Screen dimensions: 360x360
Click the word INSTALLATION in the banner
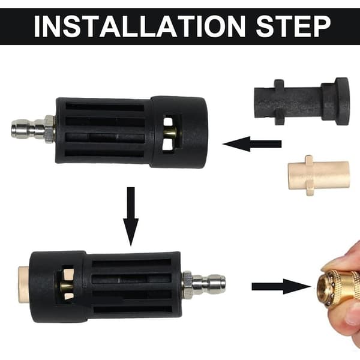(140, 26)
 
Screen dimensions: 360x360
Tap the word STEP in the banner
(293, 26)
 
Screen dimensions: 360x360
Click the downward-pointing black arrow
(131, 217)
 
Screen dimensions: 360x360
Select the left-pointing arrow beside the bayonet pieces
(252, 144)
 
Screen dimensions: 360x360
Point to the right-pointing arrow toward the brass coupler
(281, 286)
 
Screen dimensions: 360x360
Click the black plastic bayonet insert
(302, 101)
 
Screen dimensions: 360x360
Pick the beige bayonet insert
(319, 175)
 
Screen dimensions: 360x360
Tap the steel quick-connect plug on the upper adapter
(33, 129)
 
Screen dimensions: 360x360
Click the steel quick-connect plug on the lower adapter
(204, 285)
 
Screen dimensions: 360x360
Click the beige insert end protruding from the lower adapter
(24, 284)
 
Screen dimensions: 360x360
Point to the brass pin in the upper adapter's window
(170, 132)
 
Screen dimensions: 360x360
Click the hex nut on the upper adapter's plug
(50, 129)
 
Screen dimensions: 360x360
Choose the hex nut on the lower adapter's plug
(187, 285)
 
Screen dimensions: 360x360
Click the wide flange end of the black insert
(342, 101)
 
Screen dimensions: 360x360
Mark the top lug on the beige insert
(309, 159)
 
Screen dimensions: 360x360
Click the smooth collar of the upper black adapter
(179, 132)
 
